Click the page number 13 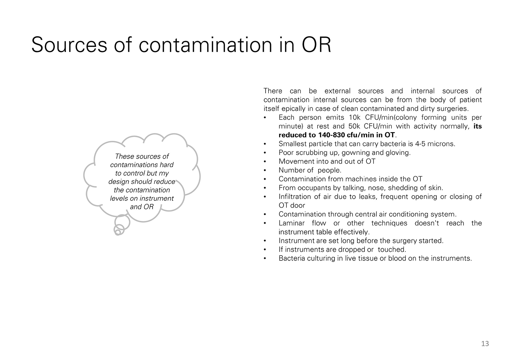485,343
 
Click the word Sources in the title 69,45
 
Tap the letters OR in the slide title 316,45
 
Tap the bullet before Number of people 265,171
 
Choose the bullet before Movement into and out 265,162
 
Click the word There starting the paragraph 273,91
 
